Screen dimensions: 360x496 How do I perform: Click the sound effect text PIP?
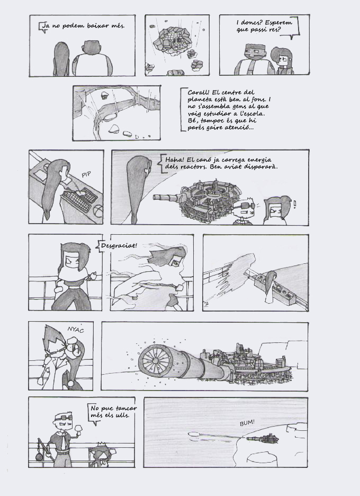pyautogui.click(x=86, y=174)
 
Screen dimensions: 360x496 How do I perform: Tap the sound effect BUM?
pyautogui.click(x=247, y=423)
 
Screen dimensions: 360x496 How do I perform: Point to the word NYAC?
pyautogui.click(x=76, y=330)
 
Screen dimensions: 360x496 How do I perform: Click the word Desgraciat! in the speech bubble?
pyautogui.click(x=119, y=246)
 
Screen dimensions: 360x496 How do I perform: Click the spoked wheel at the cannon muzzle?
pyautogui.click(x=155, y=361)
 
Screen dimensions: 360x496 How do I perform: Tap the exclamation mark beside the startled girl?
pyautogui.click(x=295, y=204)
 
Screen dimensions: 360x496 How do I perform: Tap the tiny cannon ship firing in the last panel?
pyautogui.click(x=263, y=439)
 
